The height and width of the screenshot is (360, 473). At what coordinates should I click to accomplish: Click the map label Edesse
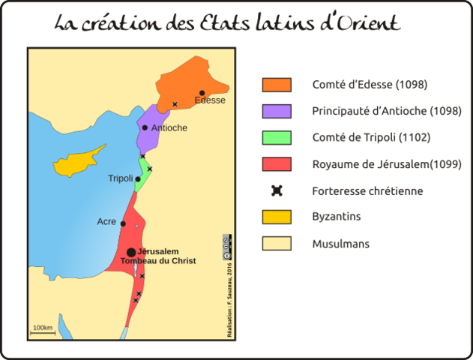tap(209, 100)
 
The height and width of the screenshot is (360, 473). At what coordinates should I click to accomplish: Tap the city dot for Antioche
tap(145, 127)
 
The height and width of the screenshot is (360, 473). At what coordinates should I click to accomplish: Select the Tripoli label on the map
tap(120, 178)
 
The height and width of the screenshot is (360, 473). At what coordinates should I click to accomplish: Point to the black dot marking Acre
tap(123, 223)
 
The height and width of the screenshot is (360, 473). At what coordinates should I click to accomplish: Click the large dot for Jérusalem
tap(131, 252)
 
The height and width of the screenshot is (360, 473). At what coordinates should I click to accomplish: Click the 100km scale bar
tap(43, 331)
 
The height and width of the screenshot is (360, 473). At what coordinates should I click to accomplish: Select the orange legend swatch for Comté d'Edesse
tap(277, 85)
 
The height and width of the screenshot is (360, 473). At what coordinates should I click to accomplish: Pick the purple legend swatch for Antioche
tap(277, 111)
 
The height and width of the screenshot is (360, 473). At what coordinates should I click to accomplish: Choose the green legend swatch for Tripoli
tap(277, 138)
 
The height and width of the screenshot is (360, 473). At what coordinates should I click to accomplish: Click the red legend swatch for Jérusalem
tap(277, 164)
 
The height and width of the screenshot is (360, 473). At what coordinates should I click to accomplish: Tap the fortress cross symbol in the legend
tap(277, 190)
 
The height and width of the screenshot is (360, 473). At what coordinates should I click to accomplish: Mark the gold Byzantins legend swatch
tap(277, 217)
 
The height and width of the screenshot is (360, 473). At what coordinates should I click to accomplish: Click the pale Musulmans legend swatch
tap(277, 244)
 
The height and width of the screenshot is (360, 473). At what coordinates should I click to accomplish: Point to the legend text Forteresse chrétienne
tap(367, 191)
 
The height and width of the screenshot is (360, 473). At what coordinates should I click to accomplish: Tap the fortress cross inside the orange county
tap(175, 104)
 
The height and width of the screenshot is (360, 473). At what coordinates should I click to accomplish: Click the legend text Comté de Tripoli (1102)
tap(371, 138)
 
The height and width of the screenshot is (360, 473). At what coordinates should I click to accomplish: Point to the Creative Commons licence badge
tap(226, 246)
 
